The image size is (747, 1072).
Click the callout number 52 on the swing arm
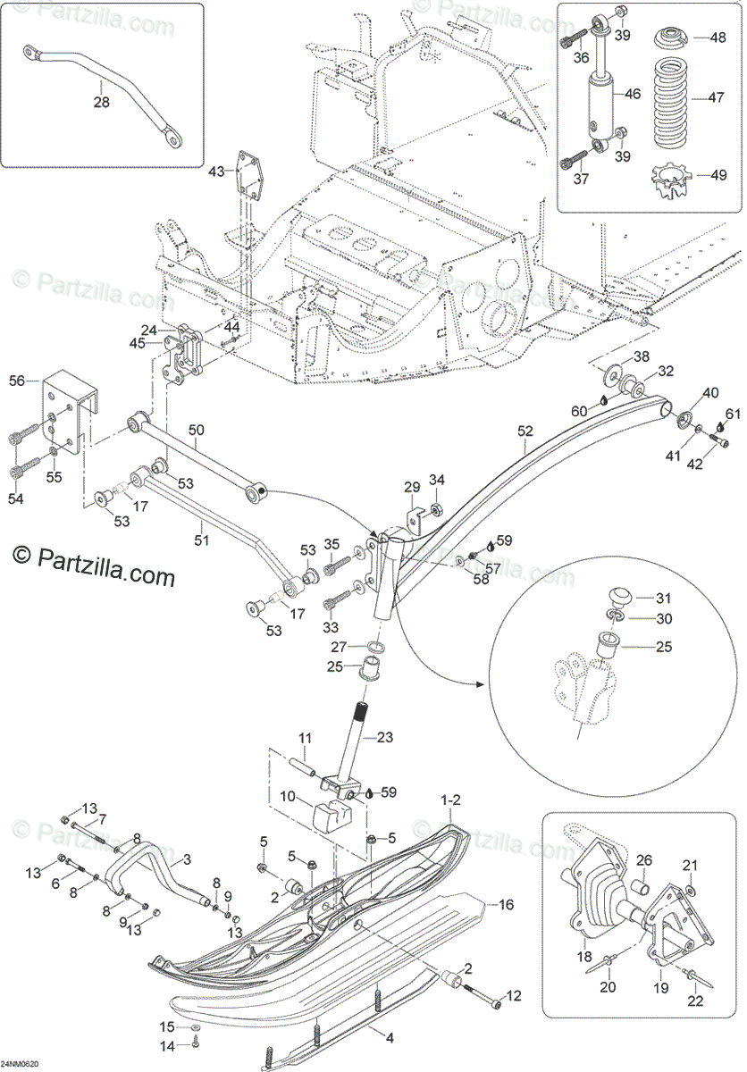pos(525,431)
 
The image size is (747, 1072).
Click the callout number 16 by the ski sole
pos(506,904)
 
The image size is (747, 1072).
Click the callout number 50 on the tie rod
pos(197,431)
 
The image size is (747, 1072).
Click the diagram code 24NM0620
pos(20,1064)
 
